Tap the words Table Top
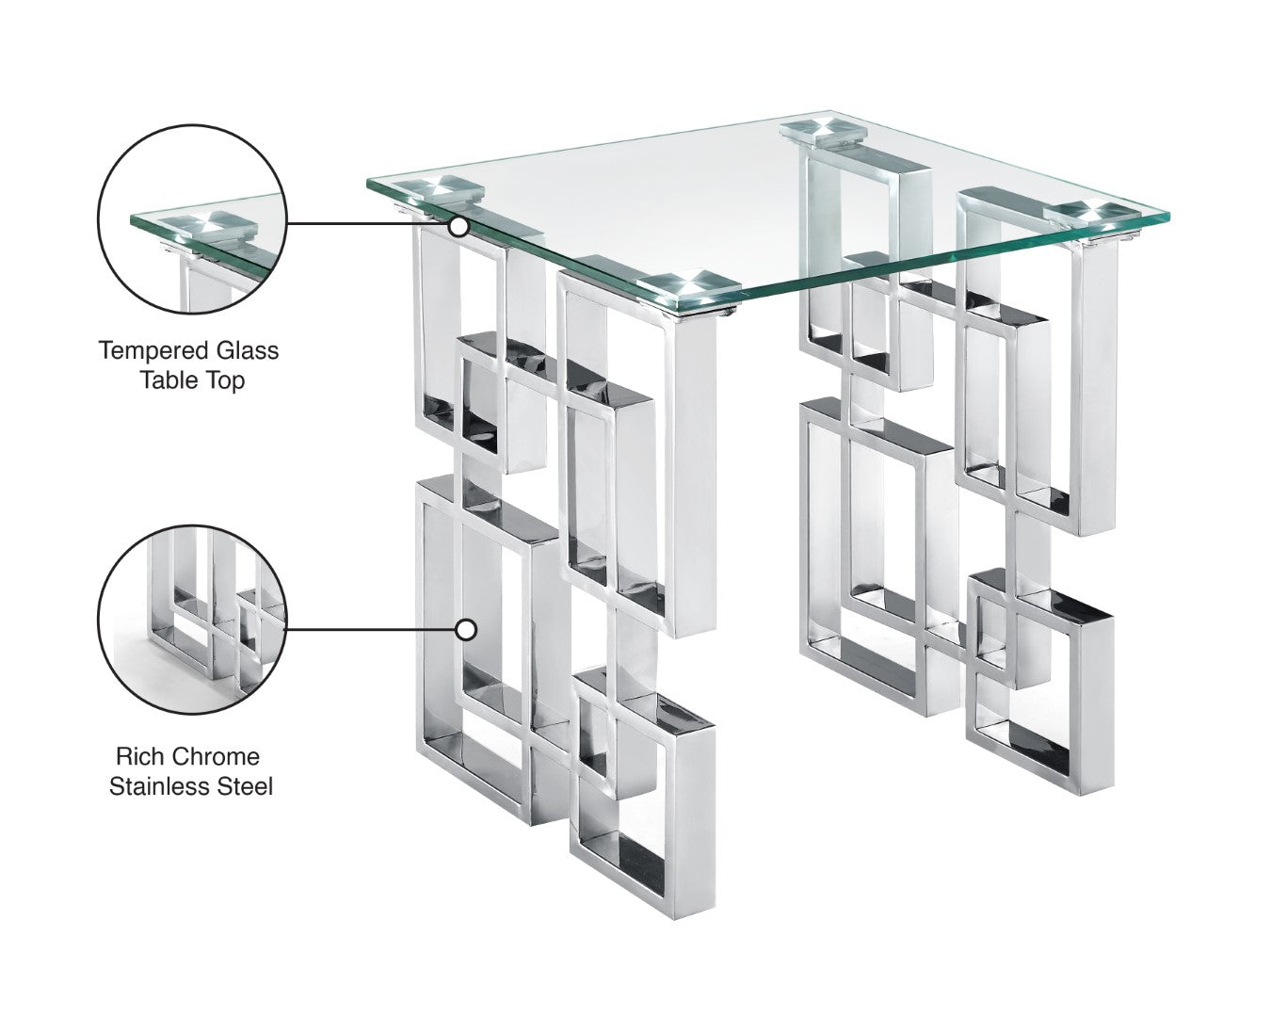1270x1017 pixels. pyautogui.click(x=192, y=380)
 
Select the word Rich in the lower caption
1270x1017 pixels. pyautogui.click(x=137, y=756)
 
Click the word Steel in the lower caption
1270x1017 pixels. pyautogui.click(x=245, y=786)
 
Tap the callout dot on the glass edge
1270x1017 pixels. pyautogui.click(x=458, y=226)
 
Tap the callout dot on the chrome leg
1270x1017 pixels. pyautogui.click(x=465, y=630)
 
